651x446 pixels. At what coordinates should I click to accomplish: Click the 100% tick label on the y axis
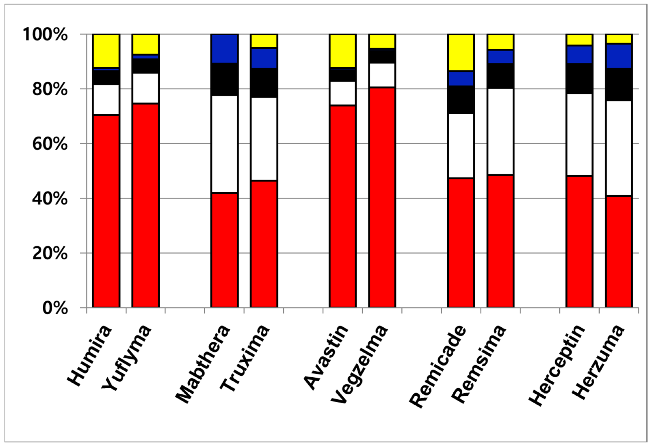coord(45,35)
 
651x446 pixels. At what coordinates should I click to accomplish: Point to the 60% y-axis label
coord(50,144)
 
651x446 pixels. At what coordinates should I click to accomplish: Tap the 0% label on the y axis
coord(55,308)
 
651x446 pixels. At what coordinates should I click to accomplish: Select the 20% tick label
coord(50,253)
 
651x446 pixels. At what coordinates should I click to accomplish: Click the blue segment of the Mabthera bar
coord(224,49)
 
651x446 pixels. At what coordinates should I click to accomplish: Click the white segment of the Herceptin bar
coord(579,135)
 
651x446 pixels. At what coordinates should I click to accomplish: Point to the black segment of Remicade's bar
coord(461,100)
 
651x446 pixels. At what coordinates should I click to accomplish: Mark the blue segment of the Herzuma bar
coord(619,56)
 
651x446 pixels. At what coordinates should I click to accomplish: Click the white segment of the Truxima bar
coord(264,139)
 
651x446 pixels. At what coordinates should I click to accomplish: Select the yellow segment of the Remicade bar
coord(461,52)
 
